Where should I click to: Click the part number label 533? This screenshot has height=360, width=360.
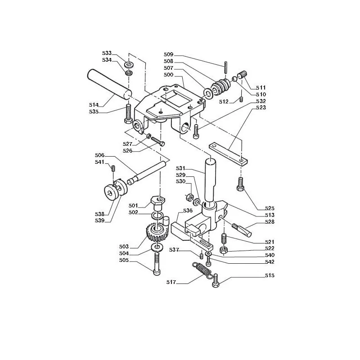click(107, 53)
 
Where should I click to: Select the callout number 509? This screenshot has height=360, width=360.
click(168, 54)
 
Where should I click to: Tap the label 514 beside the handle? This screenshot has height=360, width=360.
click(94, 105)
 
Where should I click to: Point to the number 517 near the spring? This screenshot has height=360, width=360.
click(171, 282)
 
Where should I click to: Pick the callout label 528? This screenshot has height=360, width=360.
click(270, 222)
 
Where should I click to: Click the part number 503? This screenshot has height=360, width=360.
click(124, 247)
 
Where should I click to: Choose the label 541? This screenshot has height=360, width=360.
click(99, 162)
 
